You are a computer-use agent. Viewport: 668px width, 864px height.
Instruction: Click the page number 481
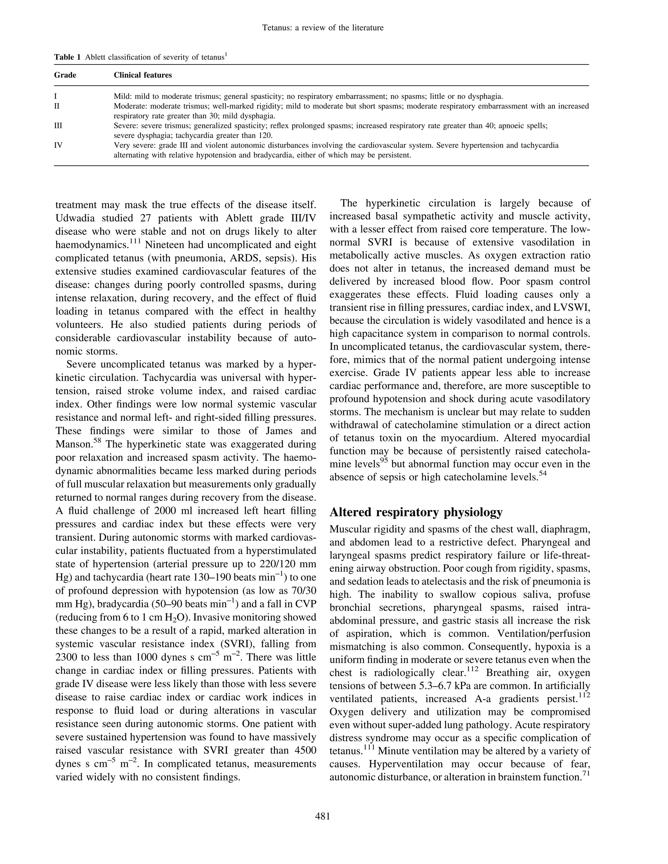coord(323,816)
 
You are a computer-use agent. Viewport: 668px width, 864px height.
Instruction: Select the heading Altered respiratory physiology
coord(416,512)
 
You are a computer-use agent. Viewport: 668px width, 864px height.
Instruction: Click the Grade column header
coord(65,75)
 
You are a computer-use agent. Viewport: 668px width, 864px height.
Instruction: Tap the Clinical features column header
coord(143,75)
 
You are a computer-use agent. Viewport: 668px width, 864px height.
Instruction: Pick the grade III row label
coord(58,126)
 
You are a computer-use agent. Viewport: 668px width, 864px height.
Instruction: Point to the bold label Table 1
coord(67,57)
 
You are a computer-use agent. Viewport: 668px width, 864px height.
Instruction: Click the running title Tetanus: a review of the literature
coord(323,28)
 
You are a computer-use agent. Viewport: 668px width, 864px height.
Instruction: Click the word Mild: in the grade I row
coord(122,97)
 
